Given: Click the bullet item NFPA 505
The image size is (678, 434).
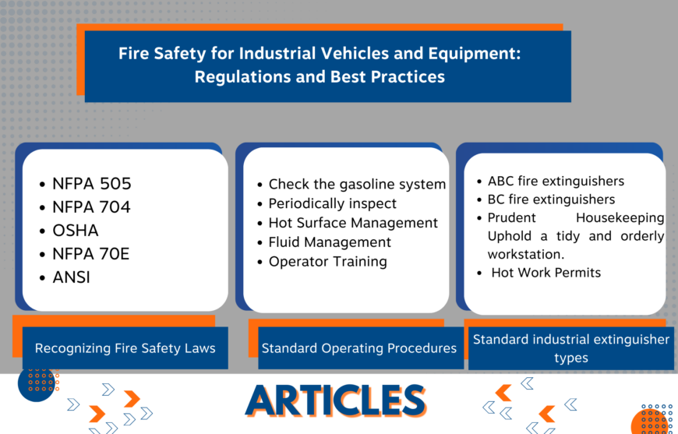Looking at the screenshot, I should point(91,184).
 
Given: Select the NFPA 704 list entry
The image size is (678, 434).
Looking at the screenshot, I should point(91,207).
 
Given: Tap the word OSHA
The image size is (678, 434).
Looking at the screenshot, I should point(76,231).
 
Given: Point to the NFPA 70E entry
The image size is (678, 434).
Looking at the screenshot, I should point(91,253).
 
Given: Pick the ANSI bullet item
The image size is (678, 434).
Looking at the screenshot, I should point(72,277).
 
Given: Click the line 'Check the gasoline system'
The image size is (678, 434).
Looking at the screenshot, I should point(357,185).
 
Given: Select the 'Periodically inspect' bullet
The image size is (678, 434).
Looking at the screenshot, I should point(332,203).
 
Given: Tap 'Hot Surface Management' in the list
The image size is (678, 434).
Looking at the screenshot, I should point(353,223).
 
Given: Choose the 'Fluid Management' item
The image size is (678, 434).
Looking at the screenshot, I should point(330,242).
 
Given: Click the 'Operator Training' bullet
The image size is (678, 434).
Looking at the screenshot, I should point(327,262).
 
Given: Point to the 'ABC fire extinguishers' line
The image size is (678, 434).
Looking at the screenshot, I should point(556,181).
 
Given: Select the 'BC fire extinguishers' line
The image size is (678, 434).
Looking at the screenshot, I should point(551,199).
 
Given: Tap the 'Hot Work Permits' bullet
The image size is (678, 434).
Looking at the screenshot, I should point(546,273).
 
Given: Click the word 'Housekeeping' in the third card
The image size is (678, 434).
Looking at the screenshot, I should point(620,218).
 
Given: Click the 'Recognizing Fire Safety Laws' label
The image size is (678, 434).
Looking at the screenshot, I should point(125,348).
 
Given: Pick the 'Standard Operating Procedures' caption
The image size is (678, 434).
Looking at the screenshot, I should point(358,348).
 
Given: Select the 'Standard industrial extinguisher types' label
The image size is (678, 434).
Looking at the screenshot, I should point(570,348).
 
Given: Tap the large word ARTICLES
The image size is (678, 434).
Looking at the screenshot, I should point(336,400).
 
